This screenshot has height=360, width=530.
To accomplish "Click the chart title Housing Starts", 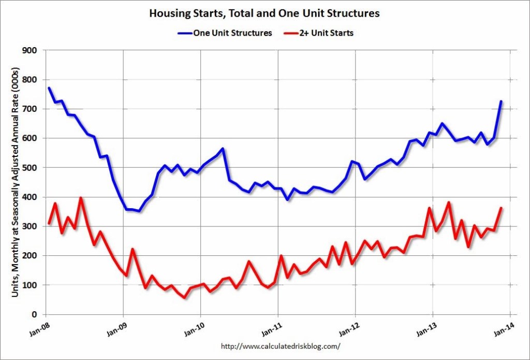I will (x=264, y=13).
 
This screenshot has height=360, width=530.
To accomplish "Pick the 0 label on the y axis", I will (x=34, y=314).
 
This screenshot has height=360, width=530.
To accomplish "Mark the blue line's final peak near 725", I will (x=501, y=102).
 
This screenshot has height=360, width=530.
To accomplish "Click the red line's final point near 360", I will (x=501, y=208).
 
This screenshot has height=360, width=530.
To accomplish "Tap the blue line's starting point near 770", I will (x=49, y=88).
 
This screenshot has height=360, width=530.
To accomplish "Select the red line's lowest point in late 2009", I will (x=184, y=297).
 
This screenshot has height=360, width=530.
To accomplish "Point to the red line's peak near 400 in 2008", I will (x=81, y=198).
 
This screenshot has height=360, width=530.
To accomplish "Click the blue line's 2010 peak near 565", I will (x=223, y=149).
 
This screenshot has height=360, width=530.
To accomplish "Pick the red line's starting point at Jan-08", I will (x=49, y=223).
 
